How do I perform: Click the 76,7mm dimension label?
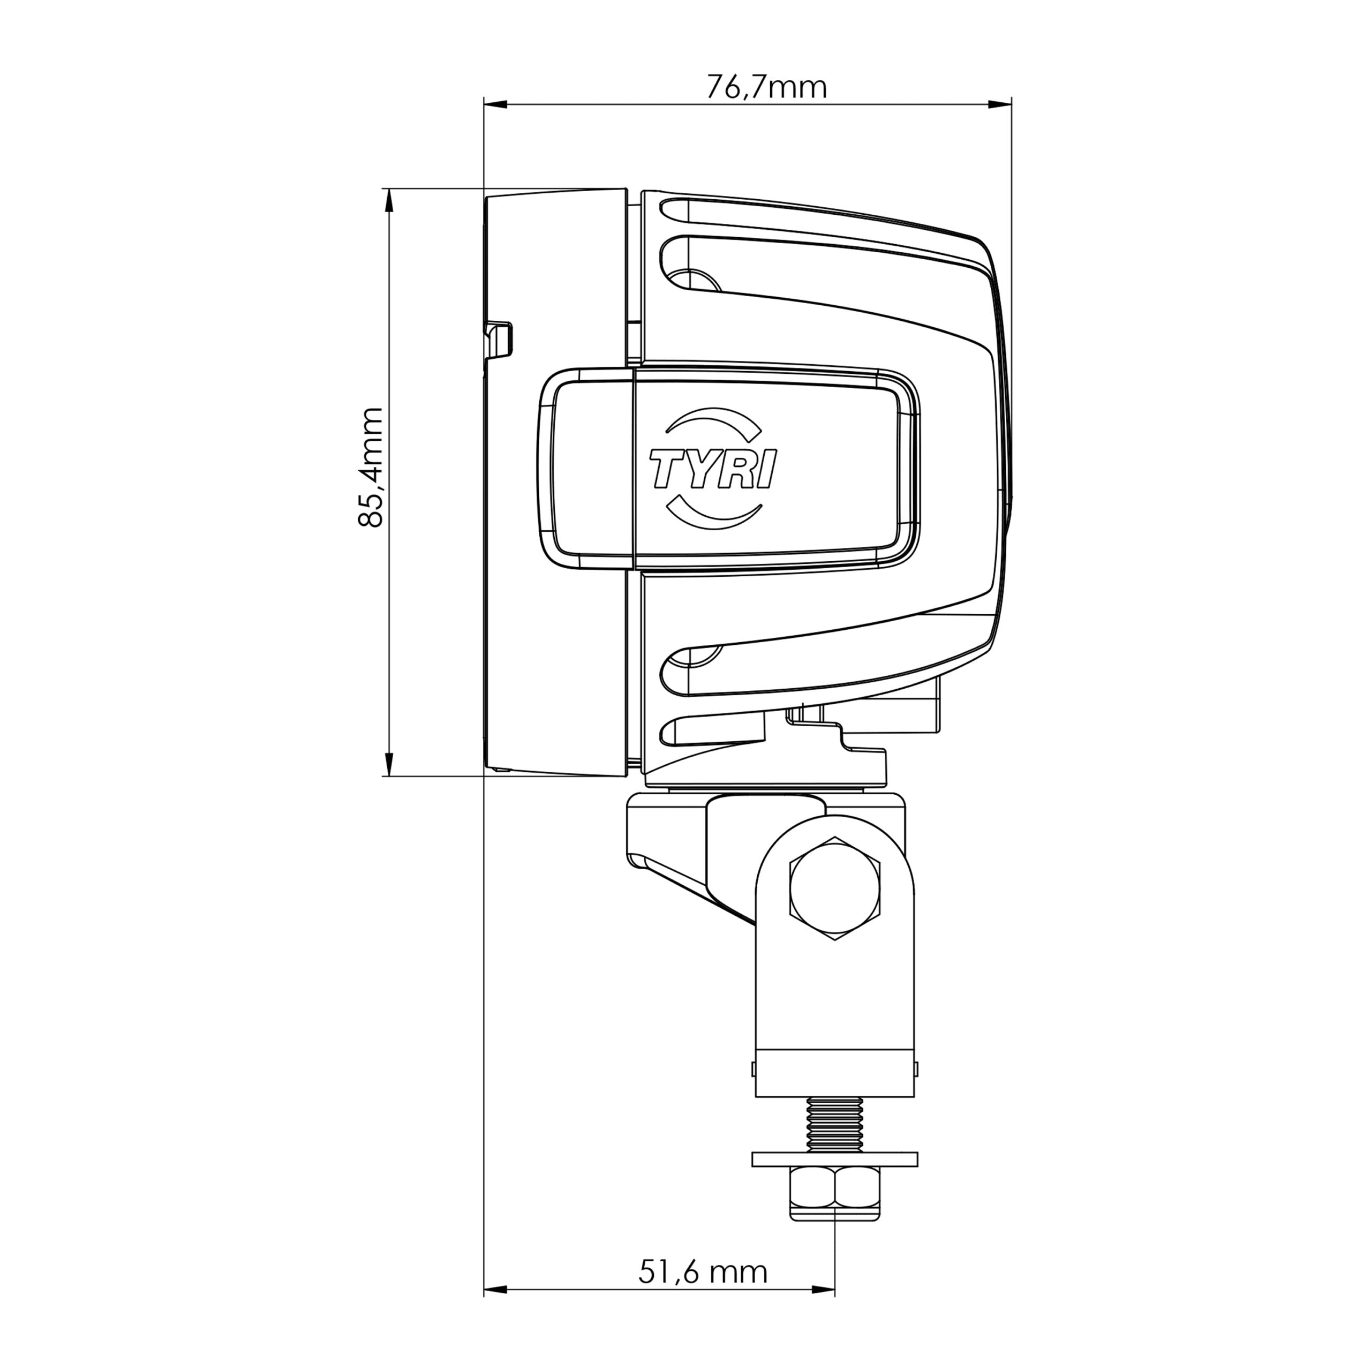point(766,87)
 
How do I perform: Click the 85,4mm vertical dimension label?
point(371,467)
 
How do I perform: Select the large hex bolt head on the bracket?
point(834,889)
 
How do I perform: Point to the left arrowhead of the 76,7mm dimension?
point(495,105)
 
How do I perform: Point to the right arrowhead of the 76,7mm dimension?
point(1000,105)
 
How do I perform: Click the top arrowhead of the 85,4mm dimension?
point(388,201)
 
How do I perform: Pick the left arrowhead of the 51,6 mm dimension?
point(495,1308)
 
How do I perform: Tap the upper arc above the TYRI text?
point(713,419)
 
